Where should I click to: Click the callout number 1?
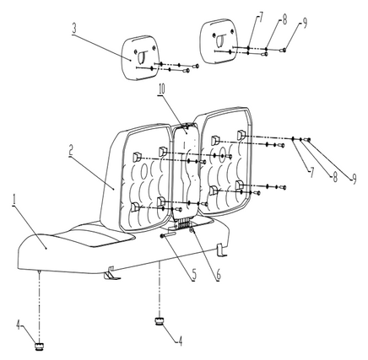tap(14, 200)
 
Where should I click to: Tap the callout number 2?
tap(72, 152)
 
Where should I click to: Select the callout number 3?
tap(74, 30)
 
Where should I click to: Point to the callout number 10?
tap(162, 90)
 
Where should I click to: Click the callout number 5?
tap(194, 276)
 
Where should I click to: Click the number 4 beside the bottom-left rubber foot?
tap(18, 325)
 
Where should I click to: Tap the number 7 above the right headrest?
tap(260, 18)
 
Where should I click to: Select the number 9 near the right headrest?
tap(305, 23)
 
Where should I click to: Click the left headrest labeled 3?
tap(139, 57)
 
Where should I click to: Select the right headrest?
tap(218, 41)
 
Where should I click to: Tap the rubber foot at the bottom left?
tap(40, 346)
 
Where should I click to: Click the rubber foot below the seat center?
tap(160, 321)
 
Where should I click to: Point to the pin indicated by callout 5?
tap(168, 235)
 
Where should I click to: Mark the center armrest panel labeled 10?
tap(187, 171)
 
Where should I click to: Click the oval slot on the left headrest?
tap(141, 56)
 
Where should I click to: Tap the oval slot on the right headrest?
tap(220, 40)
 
